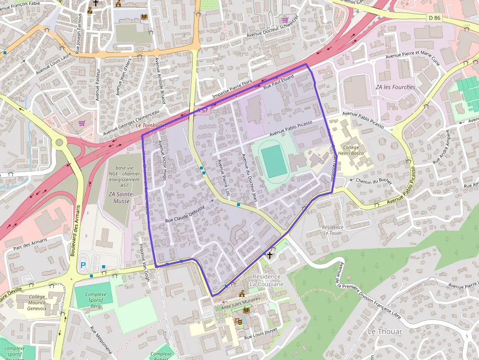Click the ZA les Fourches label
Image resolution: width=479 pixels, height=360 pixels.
click(395, 87)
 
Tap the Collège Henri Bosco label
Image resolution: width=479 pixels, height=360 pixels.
click(351, 150)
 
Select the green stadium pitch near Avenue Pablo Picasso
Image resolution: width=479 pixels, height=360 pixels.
click(274, 162)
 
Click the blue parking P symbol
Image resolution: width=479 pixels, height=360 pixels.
click(83, 265)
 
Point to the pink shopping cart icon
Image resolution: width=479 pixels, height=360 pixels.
click(82, 124)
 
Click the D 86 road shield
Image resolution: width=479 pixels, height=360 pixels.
click(434, 18)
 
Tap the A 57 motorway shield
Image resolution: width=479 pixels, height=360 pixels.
click(203, 111)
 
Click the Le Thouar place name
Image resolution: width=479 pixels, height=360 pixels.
click(385, 331)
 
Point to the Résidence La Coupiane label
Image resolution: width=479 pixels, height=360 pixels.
click(266, 280)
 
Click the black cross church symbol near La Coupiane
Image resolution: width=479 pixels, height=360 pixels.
click(269, 254)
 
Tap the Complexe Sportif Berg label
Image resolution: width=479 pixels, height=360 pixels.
click(95, 298)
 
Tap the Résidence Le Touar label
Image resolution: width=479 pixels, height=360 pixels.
click(332, 230)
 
